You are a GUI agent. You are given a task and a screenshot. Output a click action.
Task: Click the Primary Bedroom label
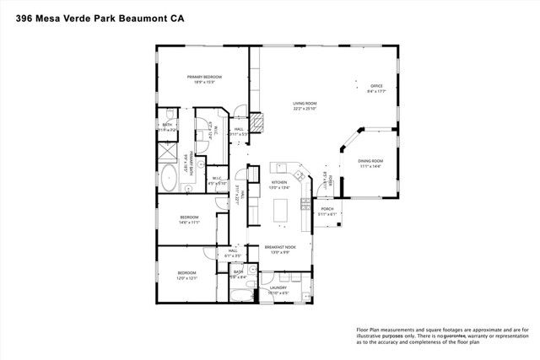tap(202, 77)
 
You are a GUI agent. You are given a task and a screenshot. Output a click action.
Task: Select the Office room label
tap(377, 85)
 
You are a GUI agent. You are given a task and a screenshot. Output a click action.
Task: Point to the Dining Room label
tap(370, 160)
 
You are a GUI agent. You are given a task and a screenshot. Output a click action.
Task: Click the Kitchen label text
tap(279, 181)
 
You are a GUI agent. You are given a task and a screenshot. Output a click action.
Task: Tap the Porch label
tap(327, 209)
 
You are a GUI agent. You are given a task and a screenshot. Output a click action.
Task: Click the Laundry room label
tap(278, 287)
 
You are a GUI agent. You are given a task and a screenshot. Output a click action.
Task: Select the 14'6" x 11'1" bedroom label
tap(189, 218)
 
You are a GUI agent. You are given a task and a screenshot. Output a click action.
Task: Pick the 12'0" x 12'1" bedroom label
tap(186, 272)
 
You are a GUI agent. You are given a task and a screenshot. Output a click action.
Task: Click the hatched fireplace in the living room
tap(261, 125)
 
